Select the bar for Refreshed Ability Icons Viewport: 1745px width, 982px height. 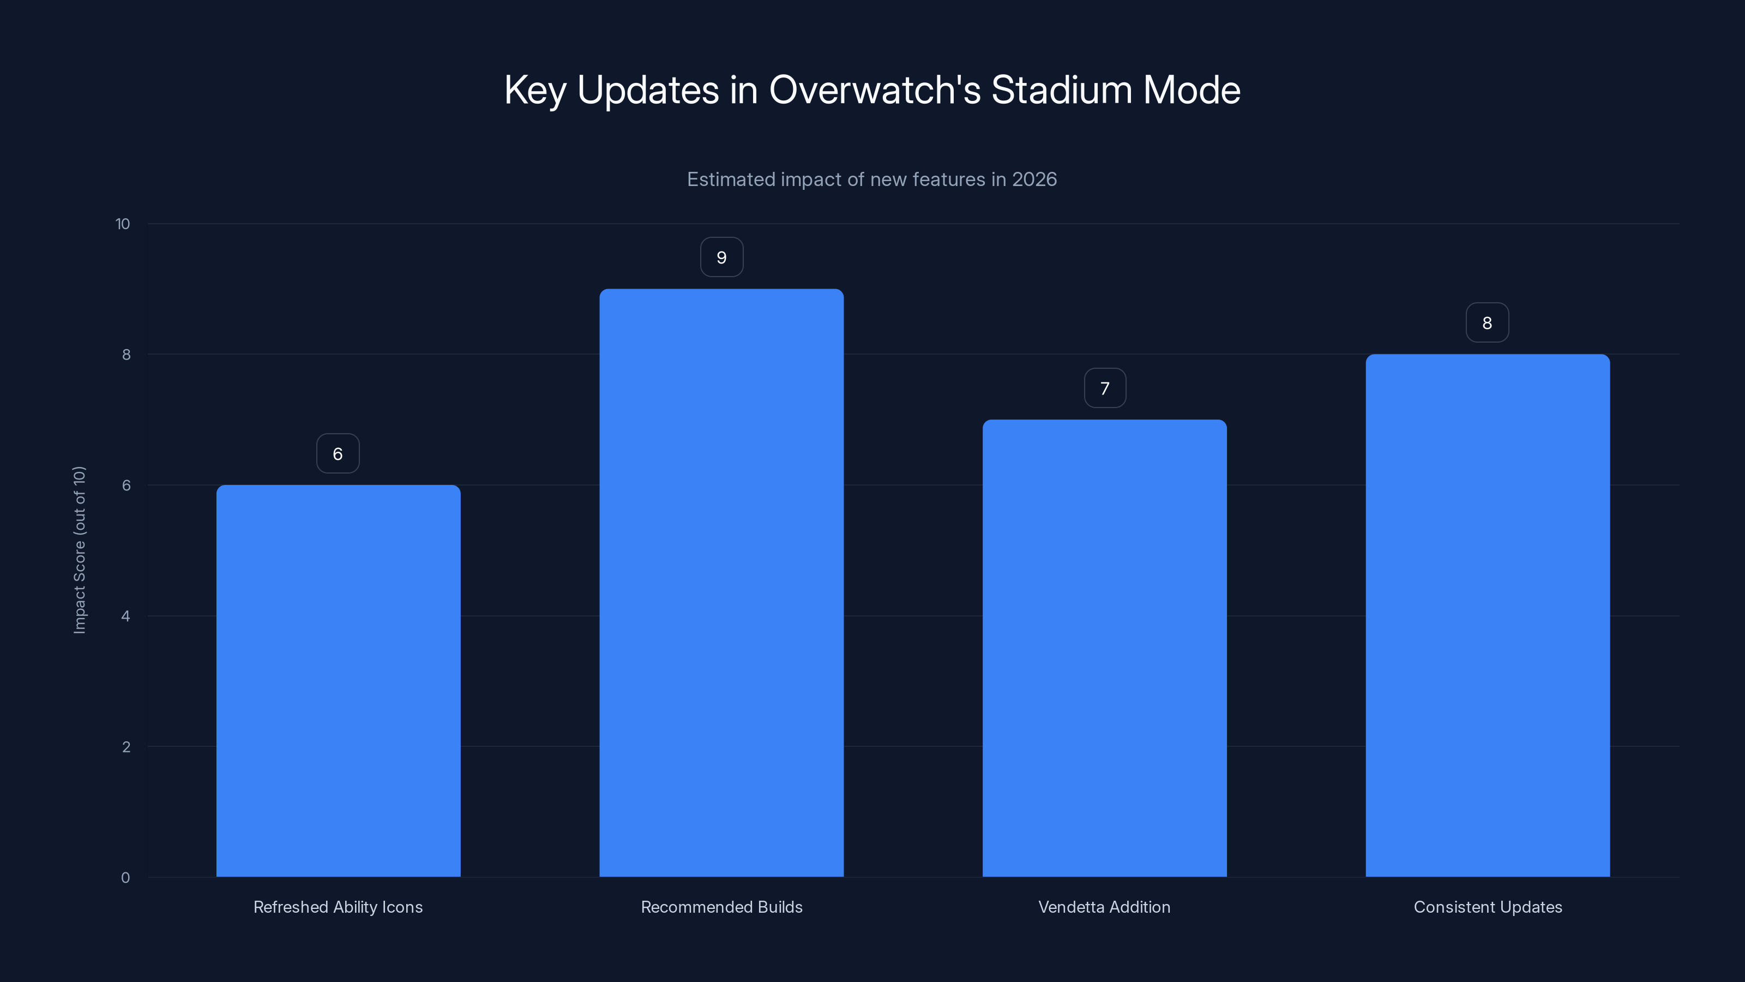click(x=338, y=680)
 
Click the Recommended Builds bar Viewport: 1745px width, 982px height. click(x=721, y=583)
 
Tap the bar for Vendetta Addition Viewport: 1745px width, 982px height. click(x=1104, y=648)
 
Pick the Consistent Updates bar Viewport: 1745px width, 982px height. click(x=1488, y=615)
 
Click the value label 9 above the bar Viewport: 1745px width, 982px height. click(x=721, y=258)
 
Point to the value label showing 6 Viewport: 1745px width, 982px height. click(x=338, y=454)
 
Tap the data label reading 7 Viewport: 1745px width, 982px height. click(x=1105, y=388)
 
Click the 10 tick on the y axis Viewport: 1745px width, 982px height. click(x=123, y=224)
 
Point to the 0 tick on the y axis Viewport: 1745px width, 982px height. click(x=125, y=878)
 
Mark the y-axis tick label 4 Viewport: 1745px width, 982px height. click(x=125, y=616)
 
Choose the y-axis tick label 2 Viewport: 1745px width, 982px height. click(x=126, y=747)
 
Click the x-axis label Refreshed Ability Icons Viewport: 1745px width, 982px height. click(x=338, y=907)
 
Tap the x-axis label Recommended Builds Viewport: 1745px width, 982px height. click(x=721, y=907)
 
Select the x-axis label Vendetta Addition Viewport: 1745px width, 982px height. click(x=1104, y=907)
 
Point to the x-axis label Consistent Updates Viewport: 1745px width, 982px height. click(x=1488, y=907)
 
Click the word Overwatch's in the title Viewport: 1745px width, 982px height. click(x=875, y=90)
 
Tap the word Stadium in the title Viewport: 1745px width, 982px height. click(x=1062, y=90)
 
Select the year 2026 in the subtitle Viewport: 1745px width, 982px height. click(x=1034, y=179)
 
